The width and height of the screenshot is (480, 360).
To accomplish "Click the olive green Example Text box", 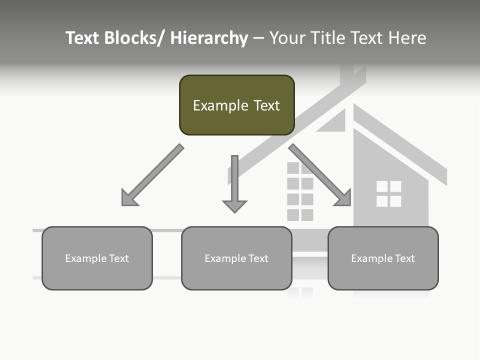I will point(236,105).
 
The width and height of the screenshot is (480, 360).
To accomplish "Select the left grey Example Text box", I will point(97,258).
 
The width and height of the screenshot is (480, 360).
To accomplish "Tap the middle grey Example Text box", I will point(236,258).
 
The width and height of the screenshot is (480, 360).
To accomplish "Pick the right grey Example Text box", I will point(383,258).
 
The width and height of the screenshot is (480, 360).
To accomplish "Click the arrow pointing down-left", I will point(152,175).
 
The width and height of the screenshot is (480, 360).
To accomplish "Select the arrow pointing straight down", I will point(234,182).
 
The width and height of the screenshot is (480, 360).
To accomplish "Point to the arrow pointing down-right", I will point(320,175).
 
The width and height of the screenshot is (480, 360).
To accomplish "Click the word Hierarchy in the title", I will point(209,38).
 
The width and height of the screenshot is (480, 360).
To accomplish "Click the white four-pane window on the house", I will point(388,194).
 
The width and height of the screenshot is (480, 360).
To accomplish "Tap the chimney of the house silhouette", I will point(352,75).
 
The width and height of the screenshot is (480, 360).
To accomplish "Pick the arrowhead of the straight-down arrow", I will point(234,205).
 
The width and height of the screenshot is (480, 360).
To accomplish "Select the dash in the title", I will point(258,38).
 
